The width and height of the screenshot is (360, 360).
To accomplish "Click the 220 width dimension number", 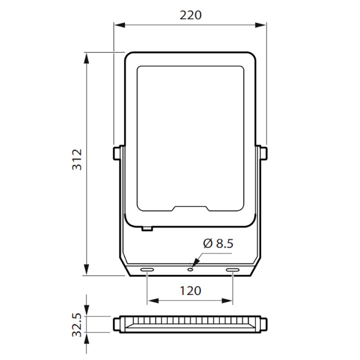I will tap(190, 15).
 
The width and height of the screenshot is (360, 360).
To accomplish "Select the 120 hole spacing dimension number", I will tap(190, 290).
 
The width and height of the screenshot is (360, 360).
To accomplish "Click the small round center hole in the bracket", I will tap(190, 268).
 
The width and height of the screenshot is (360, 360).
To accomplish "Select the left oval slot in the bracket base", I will tap(147, 270).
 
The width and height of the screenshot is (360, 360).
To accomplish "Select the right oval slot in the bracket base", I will tap(233, 270).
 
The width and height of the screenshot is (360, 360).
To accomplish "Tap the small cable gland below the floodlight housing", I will tap(146, 229).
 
